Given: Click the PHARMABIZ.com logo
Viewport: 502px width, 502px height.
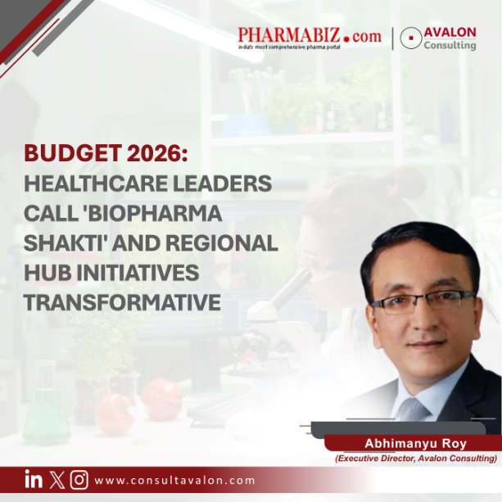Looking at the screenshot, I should coord(310,37).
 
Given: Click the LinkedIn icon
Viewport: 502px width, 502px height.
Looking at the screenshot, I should coord(34,480).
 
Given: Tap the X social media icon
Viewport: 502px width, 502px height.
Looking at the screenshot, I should coord(57,480).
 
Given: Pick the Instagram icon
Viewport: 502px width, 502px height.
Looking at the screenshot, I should coord(79,480).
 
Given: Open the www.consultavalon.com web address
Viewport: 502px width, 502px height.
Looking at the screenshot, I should coord(174,481).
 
